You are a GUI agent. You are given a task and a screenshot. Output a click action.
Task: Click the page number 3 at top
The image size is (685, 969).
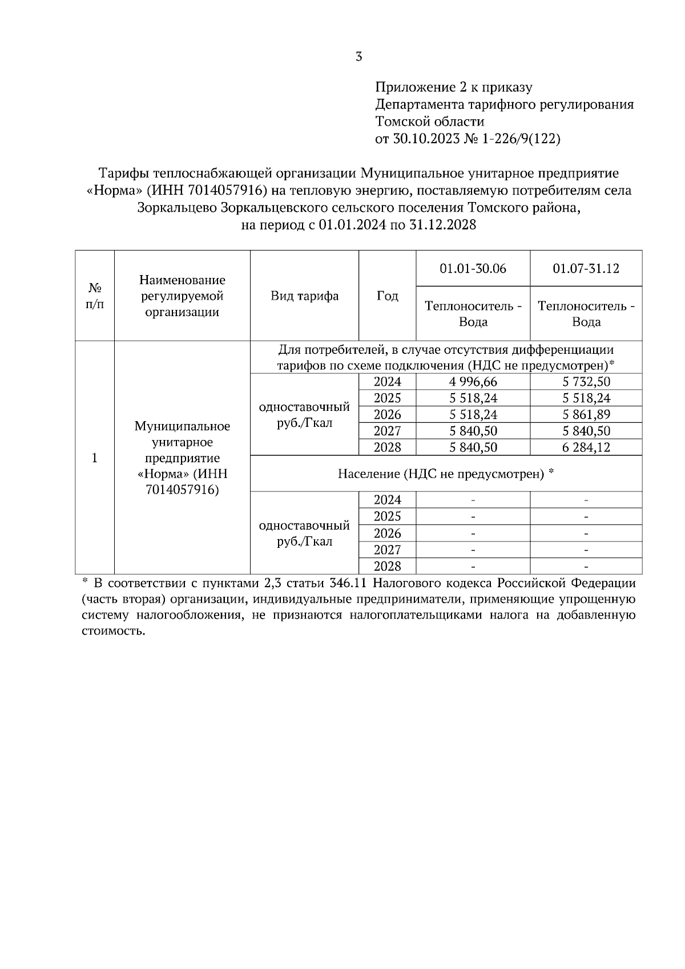(358, 57)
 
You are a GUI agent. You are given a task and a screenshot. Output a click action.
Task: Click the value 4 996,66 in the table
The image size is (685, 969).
(473, 382)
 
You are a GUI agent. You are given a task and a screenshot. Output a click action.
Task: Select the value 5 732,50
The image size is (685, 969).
(586, 382)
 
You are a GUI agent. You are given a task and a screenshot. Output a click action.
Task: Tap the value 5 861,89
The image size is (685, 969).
(586, 415)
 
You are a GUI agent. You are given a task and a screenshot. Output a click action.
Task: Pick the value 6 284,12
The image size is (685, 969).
(586, 447)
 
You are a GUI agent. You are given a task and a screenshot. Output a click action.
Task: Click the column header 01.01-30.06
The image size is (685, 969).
(473, 268)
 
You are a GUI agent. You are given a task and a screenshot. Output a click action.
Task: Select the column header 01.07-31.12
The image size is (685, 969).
(586, 268)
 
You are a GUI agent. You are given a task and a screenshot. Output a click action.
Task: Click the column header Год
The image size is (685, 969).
(388, 296)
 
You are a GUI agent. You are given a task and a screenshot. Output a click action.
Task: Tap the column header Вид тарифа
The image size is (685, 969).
(304, 296)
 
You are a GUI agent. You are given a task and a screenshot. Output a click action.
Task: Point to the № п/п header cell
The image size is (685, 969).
(95, 296)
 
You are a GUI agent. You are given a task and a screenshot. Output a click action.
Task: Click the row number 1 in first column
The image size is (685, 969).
(95, 458)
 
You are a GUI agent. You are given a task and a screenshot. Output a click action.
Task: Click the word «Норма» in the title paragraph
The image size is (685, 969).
(113, 191)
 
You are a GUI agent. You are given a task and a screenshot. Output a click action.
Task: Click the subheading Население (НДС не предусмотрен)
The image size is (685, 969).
(442, 474)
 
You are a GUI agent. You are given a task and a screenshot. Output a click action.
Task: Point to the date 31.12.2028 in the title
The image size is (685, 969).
(442, 225)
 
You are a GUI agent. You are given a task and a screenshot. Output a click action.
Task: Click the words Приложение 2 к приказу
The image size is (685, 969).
(453, 88)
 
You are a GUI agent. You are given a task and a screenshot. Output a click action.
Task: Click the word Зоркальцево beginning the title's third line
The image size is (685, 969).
(176, 208)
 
